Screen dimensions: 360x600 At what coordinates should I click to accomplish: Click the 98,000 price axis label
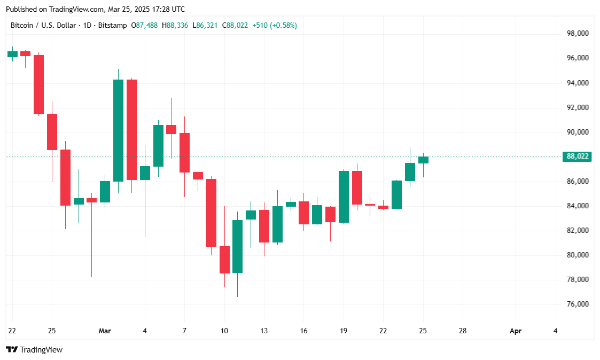578,33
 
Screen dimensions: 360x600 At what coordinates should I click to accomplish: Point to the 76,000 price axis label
578,304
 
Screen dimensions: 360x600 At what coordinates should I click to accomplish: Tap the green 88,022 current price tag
577,156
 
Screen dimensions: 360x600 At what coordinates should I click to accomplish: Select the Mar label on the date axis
105,331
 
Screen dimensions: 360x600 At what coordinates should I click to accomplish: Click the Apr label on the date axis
516,331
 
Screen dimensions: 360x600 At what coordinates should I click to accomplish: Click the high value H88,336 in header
177,25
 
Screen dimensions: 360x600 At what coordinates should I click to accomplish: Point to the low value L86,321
207,25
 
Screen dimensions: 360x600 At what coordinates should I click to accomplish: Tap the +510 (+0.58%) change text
275,25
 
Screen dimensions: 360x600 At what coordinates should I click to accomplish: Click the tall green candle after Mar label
118,130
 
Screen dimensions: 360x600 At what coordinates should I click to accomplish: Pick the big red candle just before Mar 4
131,129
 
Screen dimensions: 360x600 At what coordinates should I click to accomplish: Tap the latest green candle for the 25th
423,160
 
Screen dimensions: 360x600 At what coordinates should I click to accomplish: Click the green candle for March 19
344,197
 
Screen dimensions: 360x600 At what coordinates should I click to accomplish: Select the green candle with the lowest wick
237,246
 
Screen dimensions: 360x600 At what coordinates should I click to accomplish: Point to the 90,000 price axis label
578,132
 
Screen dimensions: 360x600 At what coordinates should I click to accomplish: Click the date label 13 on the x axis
263,331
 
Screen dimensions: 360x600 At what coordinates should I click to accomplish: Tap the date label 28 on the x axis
463,331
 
